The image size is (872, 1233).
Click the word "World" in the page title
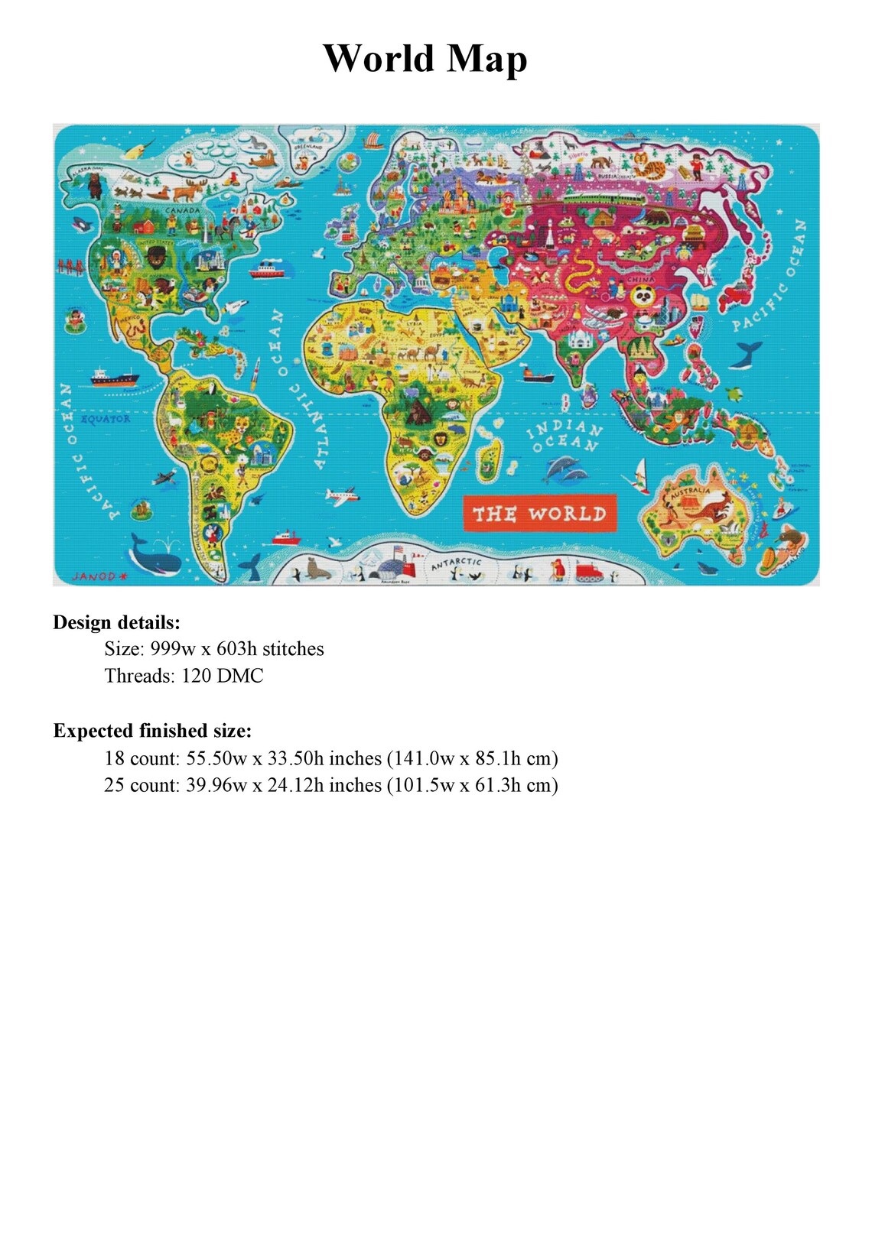click(x=378, y=58)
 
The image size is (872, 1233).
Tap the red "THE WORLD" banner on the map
click(x=539, y=514)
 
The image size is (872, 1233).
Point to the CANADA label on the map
click(x=183, y=210)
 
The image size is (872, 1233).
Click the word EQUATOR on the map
click(x=106, y=419)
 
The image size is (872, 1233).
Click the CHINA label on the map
click(x=641, y=280)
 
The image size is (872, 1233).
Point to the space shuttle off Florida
click(x=237, y=307)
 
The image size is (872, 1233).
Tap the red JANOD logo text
click(x=94, y=576)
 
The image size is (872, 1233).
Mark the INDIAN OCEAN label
click(x=565, y=436)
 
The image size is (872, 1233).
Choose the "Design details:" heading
click(x=116, y=622)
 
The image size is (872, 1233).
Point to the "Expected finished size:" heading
click(x=152, y=731)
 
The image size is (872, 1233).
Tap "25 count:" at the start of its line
click(x=142, y=785)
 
